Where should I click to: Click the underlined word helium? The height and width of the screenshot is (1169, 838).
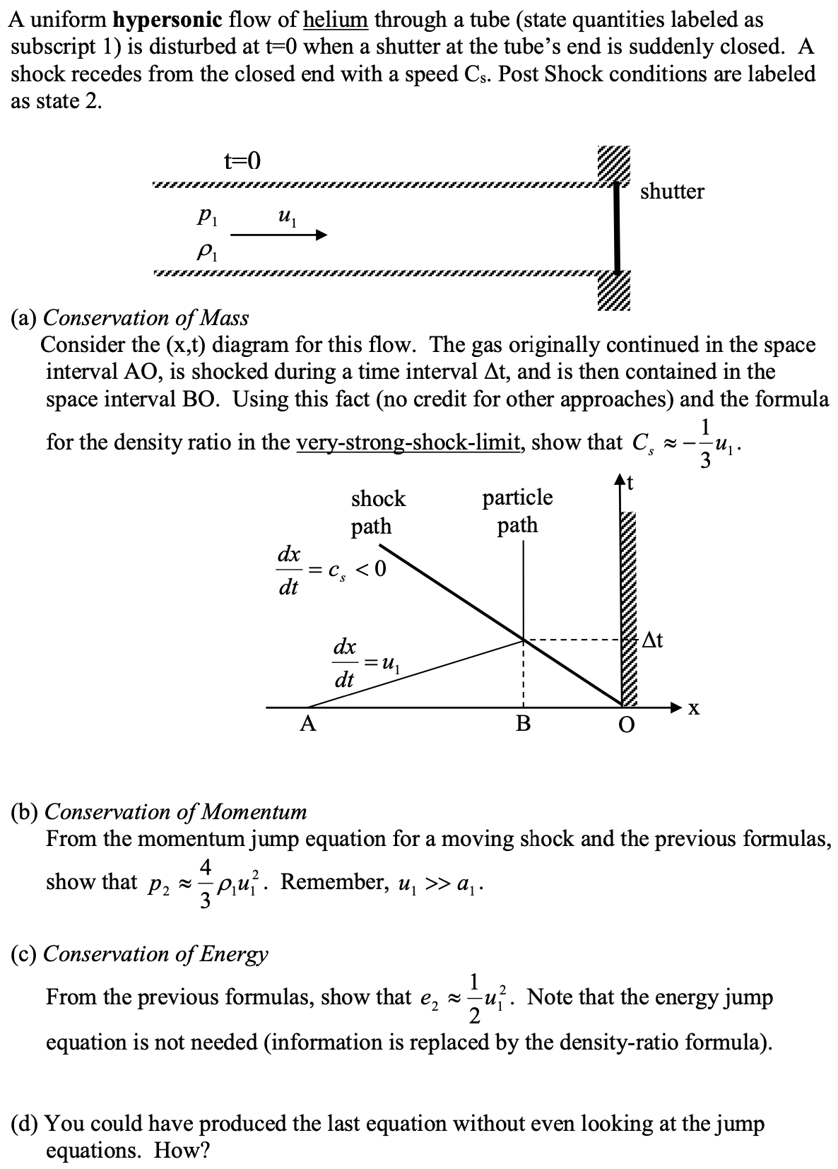pyautogui.click(x=335, y=19)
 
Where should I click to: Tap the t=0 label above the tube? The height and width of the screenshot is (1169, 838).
pyautogui.click(x=242, y=161)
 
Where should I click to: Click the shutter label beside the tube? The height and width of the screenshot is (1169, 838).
pyautogui.click(x=672, y=192)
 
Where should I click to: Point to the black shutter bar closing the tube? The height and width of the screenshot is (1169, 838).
pyautogui.click(x=617, y=228)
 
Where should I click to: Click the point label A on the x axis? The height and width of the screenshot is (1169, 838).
pyautogui.click(x=307, y=724)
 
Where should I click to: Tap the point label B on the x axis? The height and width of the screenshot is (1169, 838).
pyautogui.click(x=523, y=724)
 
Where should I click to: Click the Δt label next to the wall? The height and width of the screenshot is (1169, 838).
pyautogui.click(x=654, y=641)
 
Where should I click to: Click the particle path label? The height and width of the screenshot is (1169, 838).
pyautogui.click(x=517, y=511)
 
